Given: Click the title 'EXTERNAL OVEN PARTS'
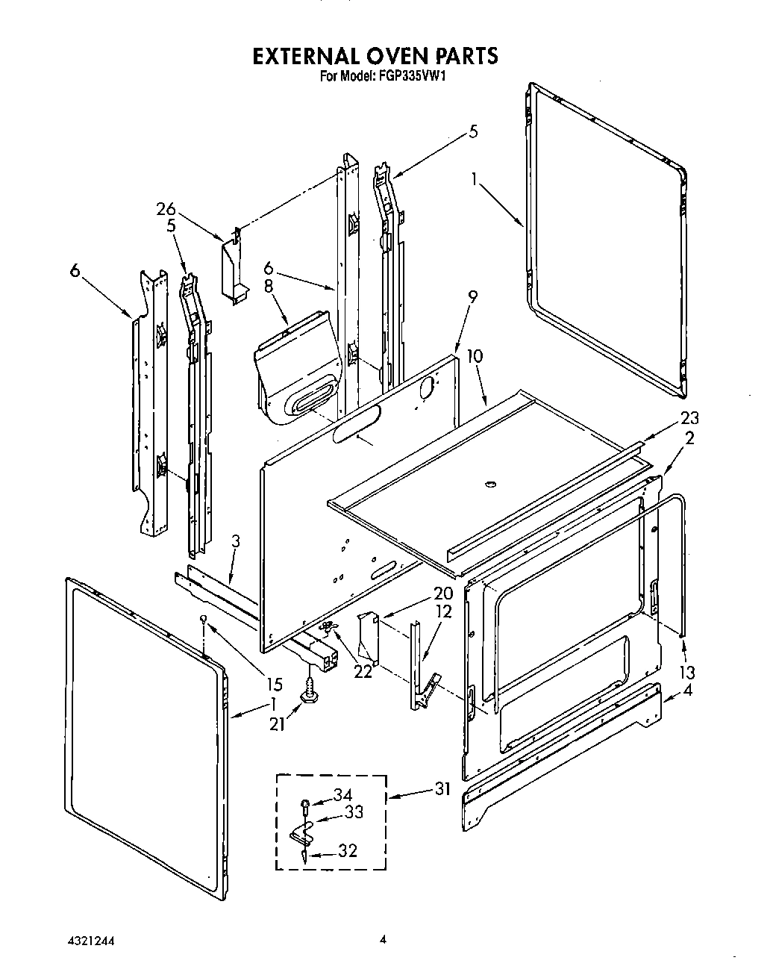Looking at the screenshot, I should coord(375,56).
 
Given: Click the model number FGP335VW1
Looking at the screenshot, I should coord(414,75).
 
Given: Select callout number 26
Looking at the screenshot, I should coord(166,210).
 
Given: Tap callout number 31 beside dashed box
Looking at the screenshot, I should coord(443,788).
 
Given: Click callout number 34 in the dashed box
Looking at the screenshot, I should coord(342,796).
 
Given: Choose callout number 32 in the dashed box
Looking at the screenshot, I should coord(348,850).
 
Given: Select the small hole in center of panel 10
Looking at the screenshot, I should coord(490,485).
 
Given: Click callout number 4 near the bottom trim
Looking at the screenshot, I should coord(687,691).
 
